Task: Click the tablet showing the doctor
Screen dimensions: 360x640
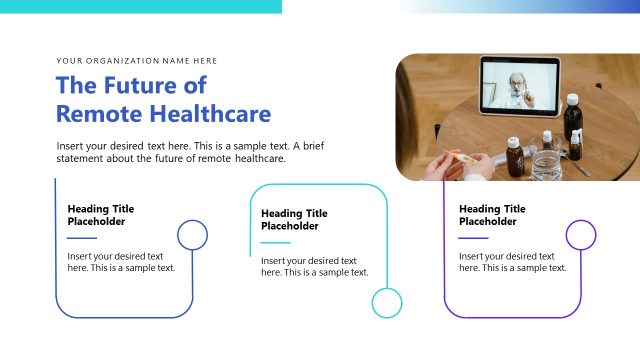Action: click(x=519, y=85)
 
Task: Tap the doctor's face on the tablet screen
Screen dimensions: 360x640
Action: click(x=516, y=81)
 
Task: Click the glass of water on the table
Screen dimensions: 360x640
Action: click(x=547, y=163)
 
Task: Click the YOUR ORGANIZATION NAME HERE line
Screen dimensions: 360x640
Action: click(x=137, y=61)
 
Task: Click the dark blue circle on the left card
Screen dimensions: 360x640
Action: click(x=192, y=235)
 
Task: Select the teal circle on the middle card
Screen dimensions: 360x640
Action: click(x=386, y=303)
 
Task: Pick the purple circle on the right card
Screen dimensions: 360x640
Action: click(x=580, y=235)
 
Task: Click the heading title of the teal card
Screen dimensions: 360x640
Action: click(x=294, y=219)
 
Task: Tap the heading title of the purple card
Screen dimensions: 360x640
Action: click(x=492, y=215)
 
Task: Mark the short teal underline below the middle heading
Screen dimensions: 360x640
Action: click(x=275, y=242)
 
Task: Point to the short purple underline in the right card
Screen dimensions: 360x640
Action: click(x=473, y=238)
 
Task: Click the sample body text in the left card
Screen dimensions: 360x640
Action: click(x=121, y=262)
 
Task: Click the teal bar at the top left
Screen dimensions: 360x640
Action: click(x=140, y=6)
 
